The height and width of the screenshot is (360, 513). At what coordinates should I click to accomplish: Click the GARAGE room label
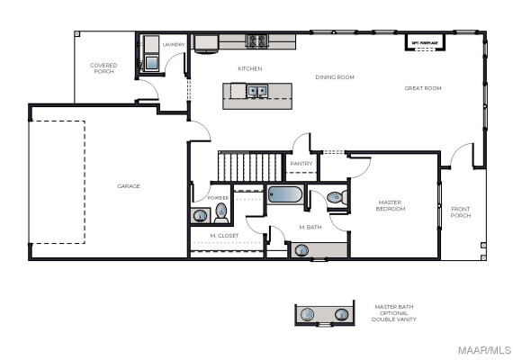click(x=129, y=186)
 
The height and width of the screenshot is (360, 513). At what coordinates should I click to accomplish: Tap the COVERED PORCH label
click(x=103, y=67)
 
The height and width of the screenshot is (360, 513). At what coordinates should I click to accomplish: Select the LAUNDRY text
click(x=174, y=43)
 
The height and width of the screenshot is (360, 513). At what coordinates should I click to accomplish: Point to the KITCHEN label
click(x=249, y=68)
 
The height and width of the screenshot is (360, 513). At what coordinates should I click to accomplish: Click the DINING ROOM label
click(x=335, y=77)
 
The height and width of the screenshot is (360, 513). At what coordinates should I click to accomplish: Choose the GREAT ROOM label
click(x=422, y=87)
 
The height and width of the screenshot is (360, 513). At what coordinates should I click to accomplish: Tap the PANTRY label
click(x=300, y=164)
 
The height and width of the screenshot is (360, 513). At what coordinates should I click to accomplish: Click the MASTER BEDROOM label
click(x=391, y=206)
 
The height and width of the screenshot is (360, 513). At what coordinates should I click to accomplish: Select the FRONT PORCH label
click(x=460, y=212)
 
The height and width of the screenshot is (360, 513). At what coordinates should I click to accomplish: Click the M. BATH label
click(x=310, y=227)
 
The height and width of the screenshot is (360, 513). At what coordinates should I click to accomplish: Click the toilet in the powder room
click(x=221, y=213)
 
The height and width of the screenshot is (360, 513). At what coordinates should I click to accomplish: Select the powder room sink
click(x=199, y=215)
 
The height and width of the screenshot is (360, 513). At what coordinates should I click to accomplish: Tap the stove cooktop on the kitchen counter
click(x=257, y=40)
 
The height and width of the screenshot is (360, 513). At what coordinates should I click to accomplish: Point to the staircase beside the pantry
click(x=251, y=166)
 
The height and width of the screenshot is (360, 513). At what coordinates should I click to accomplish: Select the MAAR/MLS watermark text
click(x=487, y=349)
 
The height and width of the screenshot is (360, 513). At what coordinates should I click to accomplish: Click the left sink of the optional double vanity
click(x=308, y=315)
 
